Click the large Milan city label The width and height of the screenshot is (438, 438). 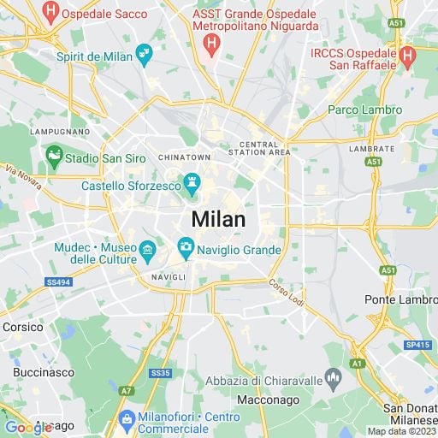[x=218, y=219]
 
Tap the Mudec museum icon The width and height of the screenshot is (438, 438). [x=148, y=250]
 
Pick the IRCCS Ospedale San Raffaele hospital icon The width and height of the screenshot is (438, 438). [x=407, y=56]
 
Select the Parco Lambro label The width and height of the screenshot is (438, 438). [x=364, y=110]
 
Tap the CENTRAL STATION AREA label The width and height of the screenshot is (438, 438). [x=259, y=148]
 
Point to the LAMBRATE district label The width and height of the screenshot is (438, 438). [x=371, y=148]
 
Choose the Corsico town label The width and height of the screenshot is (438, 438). [x=22, y=327]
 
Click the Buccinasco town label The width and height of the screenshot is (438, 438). [x=40, y=373]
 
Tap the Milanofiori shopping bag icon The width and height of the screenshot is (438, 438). [x=127, y=419]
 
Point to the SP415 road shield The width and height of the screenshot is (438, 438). [x=417, y=345]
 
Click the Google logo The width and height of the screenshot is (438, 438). [x=27, y=427]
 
